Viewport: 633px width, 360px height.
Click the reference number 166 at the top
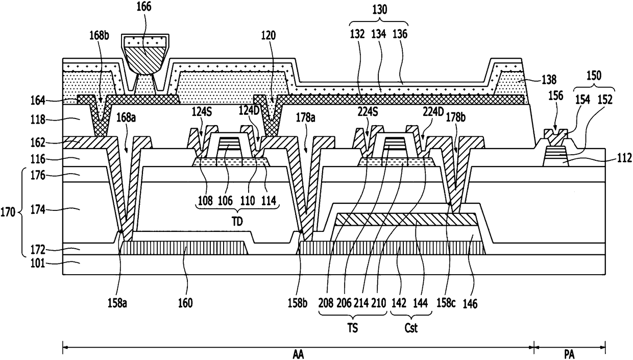(x=144, y=7)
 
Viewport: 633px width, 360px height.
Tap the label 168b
(x=99, y=36)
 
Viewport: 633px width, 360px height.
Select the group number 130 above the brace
(x=379, y=10)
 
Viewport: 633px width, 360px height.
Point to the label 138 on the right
(x=549, y=80)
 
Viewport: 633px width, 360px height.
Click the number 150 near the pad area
(x=594, y=76)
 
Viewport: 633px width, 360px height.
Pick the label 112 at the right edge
(x=624, y=158)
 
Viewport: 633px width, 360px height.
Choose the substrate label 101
(x=38, y=263)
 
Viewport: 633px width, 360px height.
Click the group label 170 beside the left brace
(x=8, y=211)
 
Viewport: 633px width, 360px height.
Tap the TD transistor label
(x=237, y=222)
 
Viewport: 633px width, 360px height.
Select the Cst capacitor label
(x=411, y=328)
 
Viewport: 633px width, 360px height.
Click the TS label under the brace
(x=352, y=328)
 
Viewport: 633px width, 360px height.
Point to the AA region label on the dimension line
(x=298, y=354)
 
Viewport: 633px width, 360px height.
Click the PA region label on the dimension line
(x=569, y=354)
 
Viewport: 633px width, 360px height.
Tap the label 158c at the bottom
(x=446, y=303)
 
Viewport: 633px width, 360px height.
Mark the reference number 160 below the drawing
(x=185, y=303)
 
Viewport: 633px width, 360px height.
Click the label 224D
(x=433, y=112)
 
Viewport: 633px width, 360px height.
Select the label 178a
(x=305, y=117)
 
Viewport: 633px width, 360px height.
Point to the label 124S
(x=202, y=112)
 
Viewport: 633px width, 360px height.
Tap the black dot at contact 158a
(x=121, y=231)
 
